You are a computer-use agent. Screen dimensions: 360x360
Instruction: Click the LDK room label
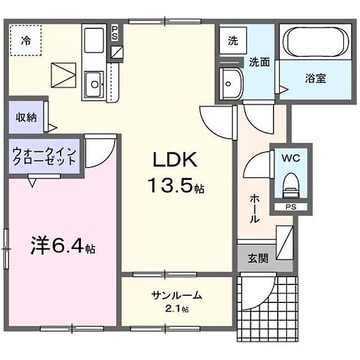(x=174, y=161)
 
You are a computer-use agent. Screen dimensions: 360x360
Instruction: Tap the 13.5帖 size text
(x=174, y=187)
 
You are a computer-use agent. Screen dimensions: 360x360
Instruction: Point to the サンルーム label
(x=176, y=295)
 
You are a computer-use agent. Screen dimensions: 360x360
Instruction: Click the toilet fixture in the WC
(x=291, y=184)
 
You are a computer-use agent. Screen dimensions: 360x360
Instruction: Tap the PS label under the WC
(x=290, y=207)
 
